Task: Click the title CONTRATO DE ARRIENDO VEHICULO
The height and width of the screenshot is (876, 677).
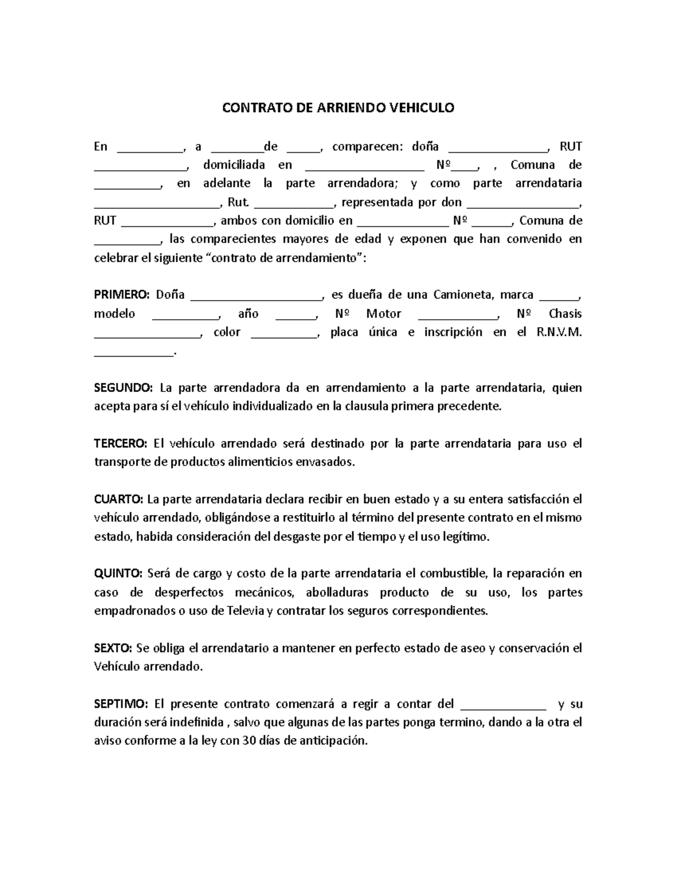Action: [x=337, y=108]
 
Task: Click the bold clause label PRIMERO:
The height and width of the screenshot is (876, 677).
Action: [x=121, y=294]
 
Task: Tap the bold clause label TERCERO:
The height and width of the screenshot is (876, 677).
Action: [x=120, y=443]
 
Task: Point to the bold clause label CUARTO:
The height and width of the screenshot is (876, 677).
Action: [x=118, y=499]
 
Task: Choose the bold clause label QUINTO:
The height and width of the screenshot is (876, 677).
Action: [x=118, y=573]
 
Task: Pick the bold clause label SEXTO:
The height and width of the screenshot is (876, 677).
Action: [x=113, y=648]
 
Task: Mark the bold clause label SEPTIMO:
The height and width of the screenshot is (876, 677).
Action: [x=121, y=704]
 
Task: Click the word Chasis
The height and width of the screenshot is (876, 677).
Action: [x=565, y=314]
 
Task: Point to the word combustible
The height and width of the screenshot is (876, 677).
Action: [x=453, y=573]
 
